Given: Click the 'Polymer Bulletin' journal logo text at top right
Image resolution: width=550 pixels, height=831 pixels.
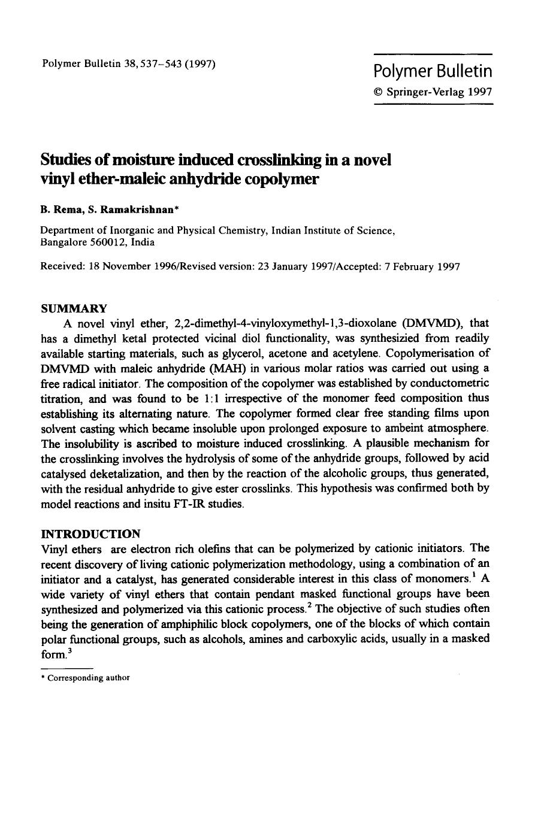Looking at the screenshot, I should (x=433, y=72).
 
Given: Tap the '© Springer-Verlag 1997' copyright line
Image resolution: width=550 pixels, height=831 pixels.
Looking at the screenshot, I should (x=433, y=92).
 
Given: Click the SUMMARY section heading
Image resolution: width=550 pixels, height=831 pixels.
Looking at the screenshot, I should (x=74, y=308).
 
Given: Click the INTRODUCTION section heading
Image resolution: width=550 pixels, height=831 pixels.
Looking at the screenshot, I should (x=90, y=533).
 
